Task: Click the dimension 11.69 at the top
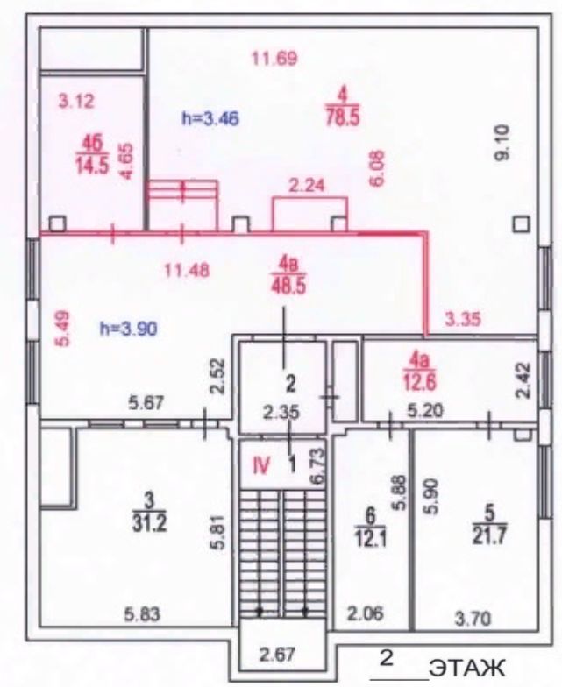[x=275, y=58]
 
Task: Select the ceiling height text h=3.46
[x=210, y=117]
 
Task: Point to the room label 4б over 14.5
[x=92, y=154]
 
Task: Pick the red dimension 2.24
[x=307, y=186]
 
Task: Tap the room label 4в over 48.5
[x=288, y=277]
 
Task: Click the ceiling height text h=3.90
[x=129, y=328]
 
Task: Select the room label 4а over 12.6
[x=421, y=372]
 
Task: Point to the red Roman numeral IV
[x=261, y=466]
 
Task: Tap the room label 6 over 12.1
[x=370, y=529]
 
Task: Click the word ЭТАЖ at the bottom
[x=466, y=668]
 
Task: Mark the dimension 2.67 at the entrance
[x=277, y=655]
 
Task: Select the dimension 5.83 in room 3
[x=142, y=613]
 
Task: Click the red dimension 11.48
[x=187, y=270]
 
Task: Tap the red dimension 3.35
[x=463, y=319]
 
